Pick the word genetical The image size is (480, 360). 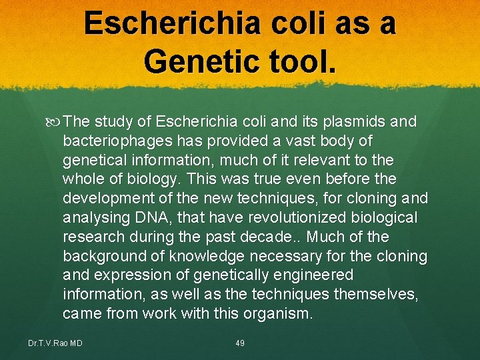(x=94, y=161)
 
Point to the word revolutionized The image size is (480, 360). (x=297, y=218)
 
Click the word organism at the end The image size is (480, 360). (x=276, y=313)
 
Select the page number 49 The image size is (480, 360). (x=240, y=343)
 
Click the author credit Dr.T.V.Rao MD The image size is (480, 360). (x=55, y=343)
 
